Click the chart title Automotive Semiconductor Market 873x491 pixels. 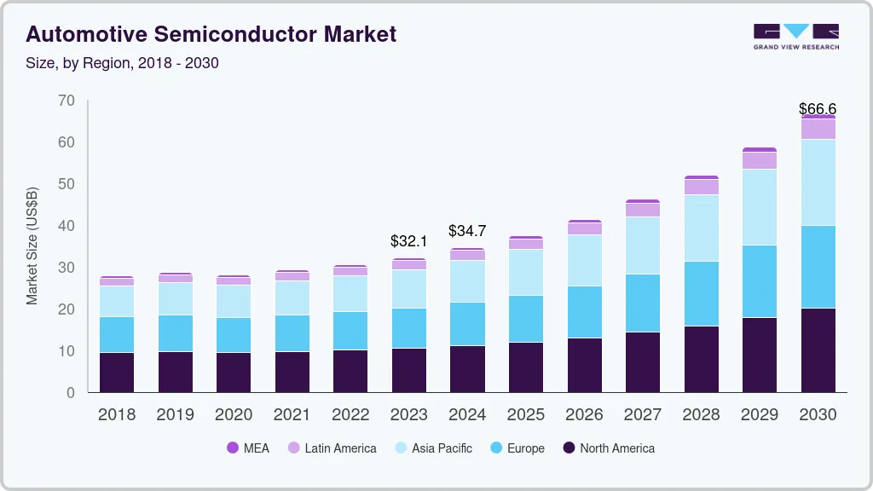(211, 34)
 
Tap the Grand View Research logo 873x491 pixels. (795, 36)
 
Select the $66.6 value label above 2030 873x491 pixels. (818, 108)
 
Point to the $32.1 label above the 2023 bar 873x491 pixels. (409, 242)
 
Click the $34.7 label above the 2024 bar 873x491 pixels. (467, 231)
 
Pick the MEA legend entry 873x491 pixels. (247, 448)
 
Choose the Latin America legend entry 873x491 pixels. (332, 448)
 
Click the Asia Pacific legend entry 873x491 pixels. (432, 448)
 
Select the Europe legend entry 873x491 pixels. (517, 448)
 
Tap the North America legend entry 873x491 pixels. (609, 448)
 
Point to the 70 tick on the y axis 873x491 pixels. (66, 101)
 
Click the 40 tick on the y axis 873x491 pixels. (66, 226)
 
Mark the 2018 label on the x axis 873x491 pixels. (117, 414)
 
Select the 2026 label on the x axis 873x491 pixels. (584, 414)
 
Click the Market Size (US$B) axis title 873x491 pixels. (32, 245)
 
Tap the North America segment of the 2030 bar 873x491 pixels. (818, 349)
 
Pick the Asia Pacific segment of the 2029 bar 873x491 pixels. (759, 207)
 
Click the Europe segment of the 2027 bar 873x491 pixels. (642, 303)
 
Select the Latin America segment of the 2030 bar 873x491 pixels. (818, 129)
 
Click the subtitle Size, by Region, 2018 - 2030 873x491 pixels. (123, 63)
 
